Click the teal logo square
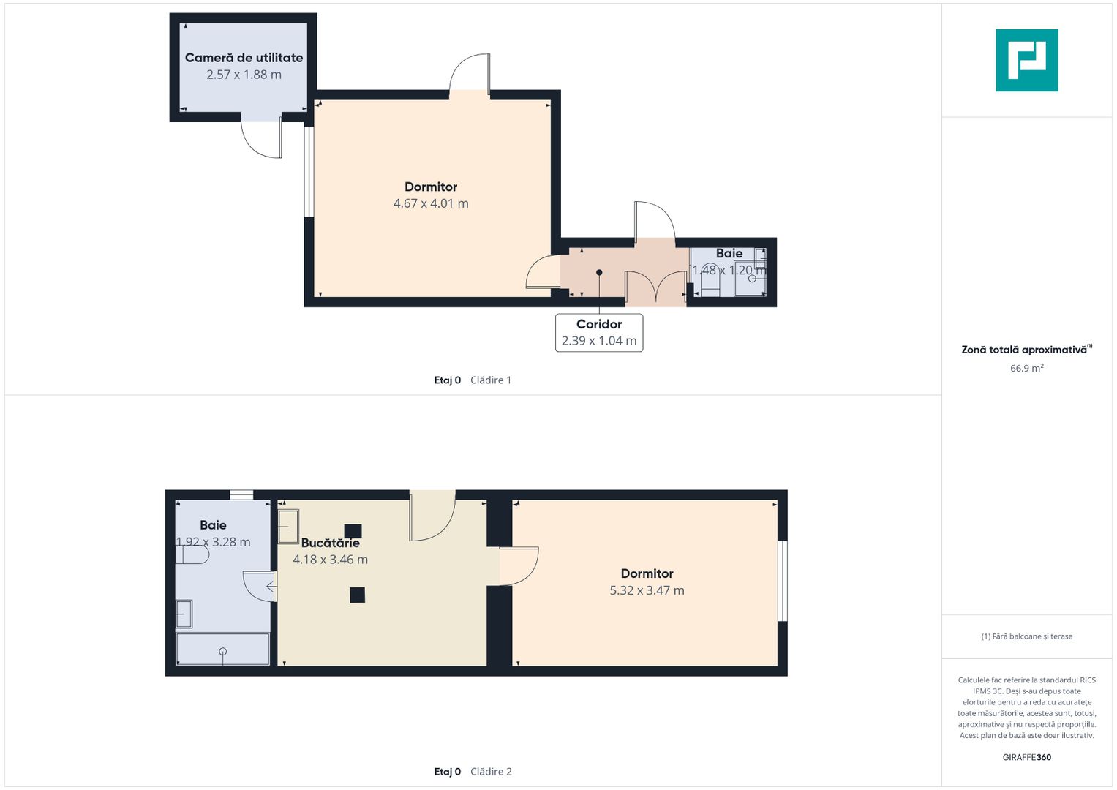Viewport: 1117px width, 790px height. coord(1027,60)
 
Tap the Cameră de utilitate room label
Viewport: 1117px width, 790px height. coord(244,58)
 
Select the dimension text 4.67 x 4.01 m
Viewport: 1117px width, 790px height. coord(431,203)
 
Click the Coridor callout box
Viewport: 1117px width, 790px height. coord(599,333)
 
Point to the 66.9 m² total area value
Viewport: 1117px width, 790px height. coord(1027,368)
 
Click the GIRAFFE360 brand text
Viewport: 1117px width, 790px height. coord(1027,757)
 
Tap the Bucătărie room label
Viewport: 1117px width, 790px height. coord(330,543)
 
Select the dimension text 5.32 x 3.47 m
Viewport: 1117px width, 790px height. coord(647,590)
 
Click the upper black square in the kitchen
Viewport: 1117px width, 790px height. coord(353,530)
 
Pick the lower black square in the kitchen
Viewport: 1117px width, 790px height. coord(357,595)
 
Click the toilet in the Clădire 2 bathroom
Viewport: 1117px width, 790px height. coord(192,554)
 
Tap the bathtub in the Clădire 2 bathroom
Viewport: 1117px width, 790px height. coord(223,649)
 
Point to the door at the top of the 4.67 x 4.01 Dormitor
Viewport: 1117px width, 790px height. coord(469,73)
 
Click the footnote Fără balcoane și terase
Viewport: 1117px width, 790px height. coord(1027,636)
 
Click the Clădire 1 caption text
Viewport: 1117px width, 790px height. coord(491,380)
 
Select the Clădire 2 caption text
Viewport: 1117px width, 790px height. coord(491,772)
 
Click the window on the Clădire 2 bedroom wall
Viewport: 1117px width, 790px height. coord(783,581)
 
